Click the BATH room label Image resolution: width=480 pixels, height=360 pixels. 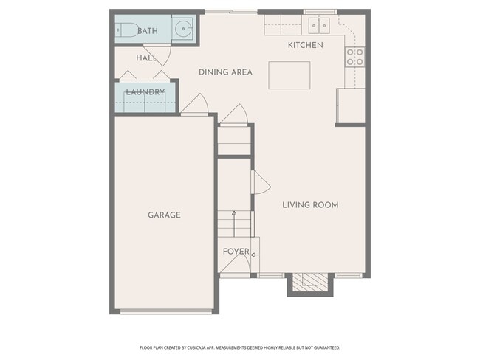(148, 31)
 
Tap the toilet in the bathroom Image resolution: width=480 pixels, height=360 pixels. (127, 30)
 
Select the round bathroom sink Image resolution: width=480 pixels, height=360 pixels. (184, 29)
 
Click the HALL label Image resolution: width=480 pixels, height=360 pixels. (147, 58)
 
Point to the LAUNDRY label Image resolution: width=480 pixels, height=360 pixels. (145, 92)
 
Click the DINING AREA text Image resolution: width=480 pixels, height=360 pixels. (226, 72)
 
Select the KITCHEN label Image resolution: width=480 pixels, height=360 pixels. (306, 45)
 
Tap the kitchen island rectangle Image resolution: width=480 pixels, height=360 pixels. (289, 75)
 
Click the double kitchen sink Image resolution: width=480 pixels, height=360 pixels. (319, 25)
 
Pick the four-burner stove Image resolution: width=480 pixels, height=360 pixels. (355, 58)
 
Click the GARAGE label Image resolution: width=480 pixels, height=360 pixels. (164, 215)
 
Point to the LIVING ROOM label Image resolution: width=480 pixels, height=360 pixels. (310, 205)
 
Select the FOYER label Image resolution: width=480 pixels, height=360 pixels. (236, 252)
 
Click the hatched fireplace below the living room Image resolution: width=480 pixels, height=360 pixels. (310, 283)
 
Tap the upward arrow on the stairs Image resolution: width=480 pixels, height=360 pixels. (234, 224)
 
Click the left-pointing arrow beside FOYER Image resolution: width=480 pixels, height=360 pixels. (255, 255)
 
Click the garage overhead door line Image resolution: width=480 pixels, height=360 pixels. (166, 311)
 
